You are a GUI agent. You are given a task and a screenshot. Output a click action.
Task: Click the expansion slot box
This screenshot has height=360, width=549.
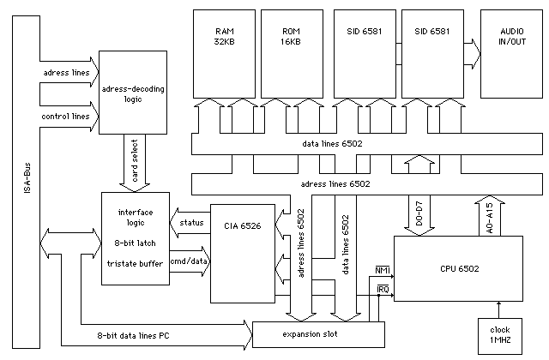(x=310, y=333)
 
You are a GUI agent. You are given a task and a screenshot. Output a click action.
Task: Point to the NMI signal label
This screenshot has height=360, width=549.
(x=383, y=271)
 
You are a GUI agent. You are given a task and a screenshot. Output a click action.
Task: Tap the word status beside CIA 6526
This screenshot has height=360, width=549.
(x=192, y=223)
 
